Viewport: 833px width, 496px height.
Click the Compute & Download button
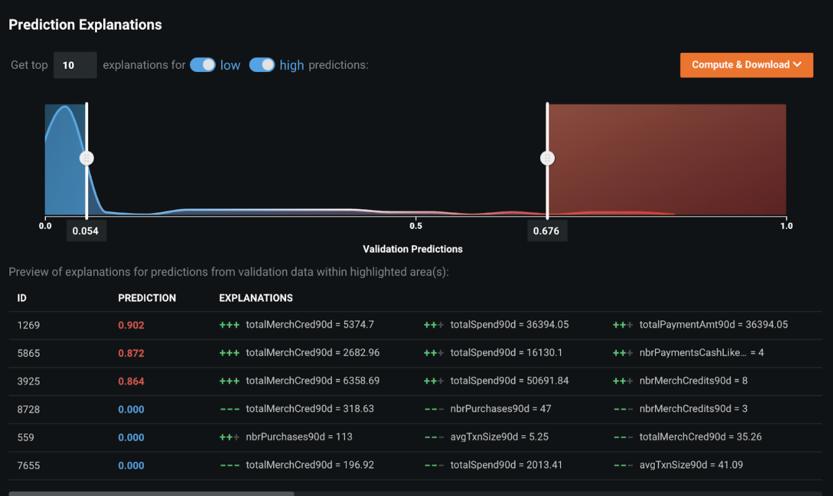(746, 65)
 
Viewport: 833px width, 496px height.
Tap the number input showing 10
(74, 65)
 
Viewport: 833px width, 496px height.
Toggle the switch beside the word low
(202, 65)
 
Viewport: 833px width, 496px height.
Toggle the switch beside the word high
(262, 65)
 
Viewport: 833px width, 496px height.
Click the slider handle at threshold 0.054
(87, 158)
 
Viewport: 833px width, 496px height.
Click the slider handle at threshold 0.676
(547, 158)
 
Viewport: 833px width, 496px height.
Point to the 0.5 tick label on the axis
(416, 226)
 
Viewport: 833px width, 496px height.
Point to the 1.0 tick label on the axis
(786, 226)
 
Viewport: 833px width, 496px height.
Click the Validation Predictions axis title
(413, 249)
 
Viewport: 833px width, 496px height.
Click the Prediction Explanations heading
(85, 25)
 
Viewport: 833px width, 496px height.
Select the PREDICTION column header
(147, 298)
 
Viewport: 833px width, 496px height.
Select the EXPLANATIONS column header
(256, 298)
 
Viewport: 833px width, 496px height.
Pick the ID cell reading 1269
(29, 325)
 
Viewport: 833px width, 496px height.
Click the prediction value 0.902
(131, 325)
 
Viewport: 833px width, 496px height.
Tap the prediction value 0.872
(131, 353)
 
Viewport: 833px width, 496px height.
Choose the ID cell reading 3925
(29, 381)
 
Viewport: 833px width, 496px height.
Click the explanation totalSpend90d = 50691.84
(509, 381)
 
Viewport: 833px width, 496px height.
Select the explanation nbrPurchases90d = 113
(299, 437)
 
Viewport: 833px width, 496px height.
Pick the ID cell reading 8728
(29, 409)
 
